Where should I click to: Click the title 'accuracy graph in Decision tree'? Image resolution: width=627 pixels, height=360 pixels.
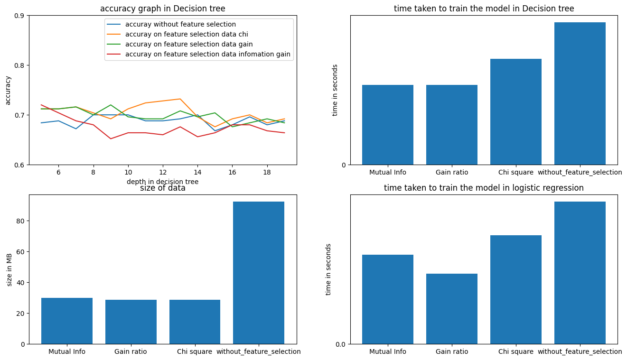pos(162,9)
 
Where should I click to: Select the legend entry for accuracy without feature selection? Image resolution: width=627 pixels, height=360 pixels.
pos(180,24)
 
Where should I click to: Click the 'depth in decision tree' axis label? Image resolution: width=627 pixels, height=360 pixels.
pos(162,182)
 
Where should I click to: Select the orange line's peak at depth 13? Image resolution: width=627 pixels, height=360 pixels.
pos(180,99)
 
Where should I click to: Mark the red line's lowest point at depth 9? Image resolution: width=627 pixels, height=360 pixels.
pos(111,138)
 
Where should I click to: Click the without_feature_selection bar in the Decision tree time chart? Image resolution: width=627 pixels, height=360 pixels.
pos(580,93)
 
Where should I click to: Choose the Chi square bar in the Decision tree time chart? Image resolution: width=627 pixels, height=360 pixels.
pos(515,112)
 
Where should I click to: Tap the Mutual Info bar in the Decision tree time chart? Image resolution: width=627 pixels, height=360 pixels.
pos(387,125)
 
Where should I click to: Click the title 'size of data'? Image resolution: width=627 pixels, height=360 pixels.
pos(162,188)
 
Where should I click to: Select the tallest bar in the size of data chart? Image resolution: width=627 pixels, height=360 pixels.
pos(258,273)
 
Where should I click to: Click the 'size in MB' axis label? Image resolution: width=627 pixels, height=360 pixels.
pos(9,269)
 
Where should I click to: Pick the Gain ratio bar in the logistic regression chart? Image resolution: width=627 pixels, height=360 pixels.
pos(451,309)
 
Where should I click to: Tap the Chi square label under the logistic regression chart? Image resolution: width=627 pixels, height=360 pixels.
pos(515,351)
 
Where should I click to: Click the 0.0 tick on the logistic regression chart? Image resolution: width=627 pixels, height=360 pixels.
pos(340,344)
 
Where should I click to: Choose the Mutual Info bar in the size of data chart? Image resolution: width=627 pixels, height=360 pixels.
pos(66,321)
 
